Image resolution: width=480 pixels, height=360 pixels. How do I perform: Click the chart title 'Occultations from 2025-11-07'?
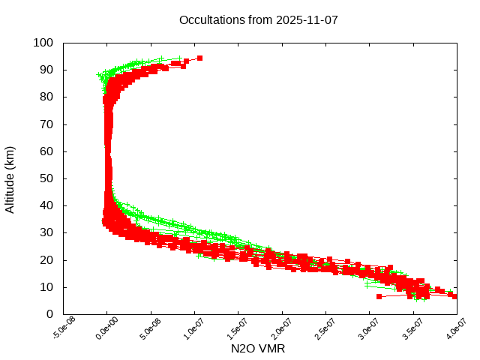(259, 19)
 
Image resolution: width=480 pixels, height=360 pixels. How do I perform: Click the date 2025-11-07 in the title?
(307, 19)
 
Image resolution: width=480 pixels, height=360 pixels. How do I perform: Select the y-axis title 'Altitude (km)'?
(10, 179)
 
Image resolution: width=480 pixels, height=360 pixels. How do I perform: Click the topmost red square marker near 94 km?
(199, 58)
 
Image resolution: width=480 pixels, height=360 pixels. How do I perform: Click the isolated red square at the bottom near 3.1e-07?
(379, 296)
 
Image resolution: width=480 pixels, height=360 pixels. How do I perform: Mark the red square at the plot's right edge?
(454, 296)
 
